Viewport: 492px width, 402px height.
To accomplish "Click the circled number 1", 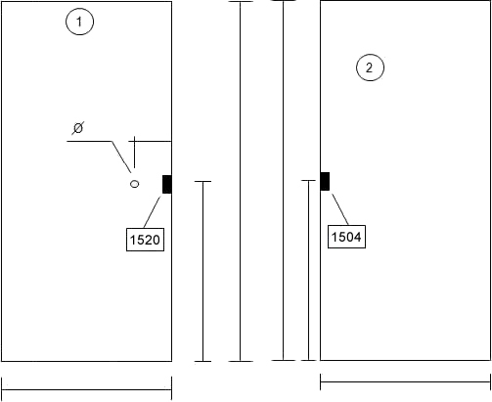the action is tap(79, 22).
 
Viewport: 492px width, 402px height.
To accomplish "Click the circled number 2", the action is tap(370, 67).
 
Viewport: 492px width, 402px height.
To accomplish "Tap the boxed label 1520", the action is tap(145, 240).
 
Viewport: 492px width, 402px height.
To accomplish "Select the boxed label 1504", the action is tap(346, 237).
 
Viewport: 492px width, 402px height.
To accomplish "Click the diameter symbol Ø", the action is tap(78, 128).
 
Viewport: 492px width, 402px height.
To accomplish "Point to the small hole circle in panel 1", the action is tap(134, 184).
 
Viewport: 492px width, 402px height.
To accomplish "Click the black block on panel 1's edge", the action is tap(167, 184).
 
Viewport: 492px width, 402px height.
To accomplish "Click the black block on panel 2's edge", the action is tap(325, 181).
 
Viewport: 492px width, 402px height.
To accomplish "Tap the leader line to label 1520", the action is tap(152, 212).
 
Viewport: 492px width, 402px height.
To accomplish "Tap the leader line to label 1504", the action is tap(340, 209).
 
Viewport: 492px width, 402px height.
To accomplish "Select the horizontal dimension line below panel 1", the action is tap(87, 389).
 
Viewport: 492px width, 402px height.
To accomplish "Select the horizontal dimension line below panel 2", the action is tap(405, 381).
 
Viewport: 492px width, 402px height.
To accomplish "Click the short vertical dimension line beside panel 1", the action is tap(202, 271).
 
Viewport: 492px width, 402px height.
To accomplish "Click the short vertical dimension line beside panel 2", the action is tap(308, 270).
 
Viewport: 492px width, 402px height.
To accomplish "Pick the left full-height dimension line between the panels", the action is tap(241, 181).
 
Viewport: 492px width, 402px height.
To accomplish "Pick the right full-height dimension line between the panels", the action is tap(284, 180).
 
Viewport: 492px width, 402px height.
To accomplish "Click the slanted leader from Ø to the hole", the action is tap(121, 156).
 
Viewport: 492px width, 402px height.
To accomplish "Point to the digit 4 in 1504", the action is tap(357, 237).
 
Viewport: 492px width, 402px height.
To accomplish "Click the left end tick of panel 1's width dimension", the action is tap(2, 388).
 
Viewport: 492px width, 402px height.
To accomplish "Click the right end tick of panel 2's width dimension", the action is tap(490, 381).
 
